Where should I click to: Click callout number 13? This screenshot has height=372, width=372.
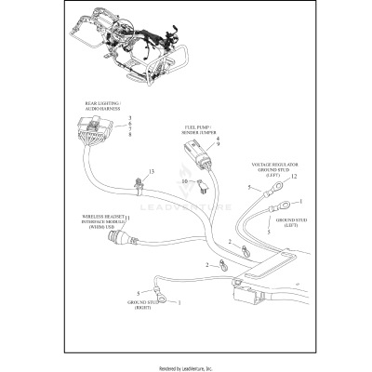tap(152, 172)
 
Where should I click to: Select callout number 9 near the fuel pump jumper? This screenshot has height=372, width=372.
tap(218, 144)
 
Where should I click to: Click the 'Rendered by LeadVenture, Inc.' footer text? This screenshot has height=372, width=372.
tap(186, 365)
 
